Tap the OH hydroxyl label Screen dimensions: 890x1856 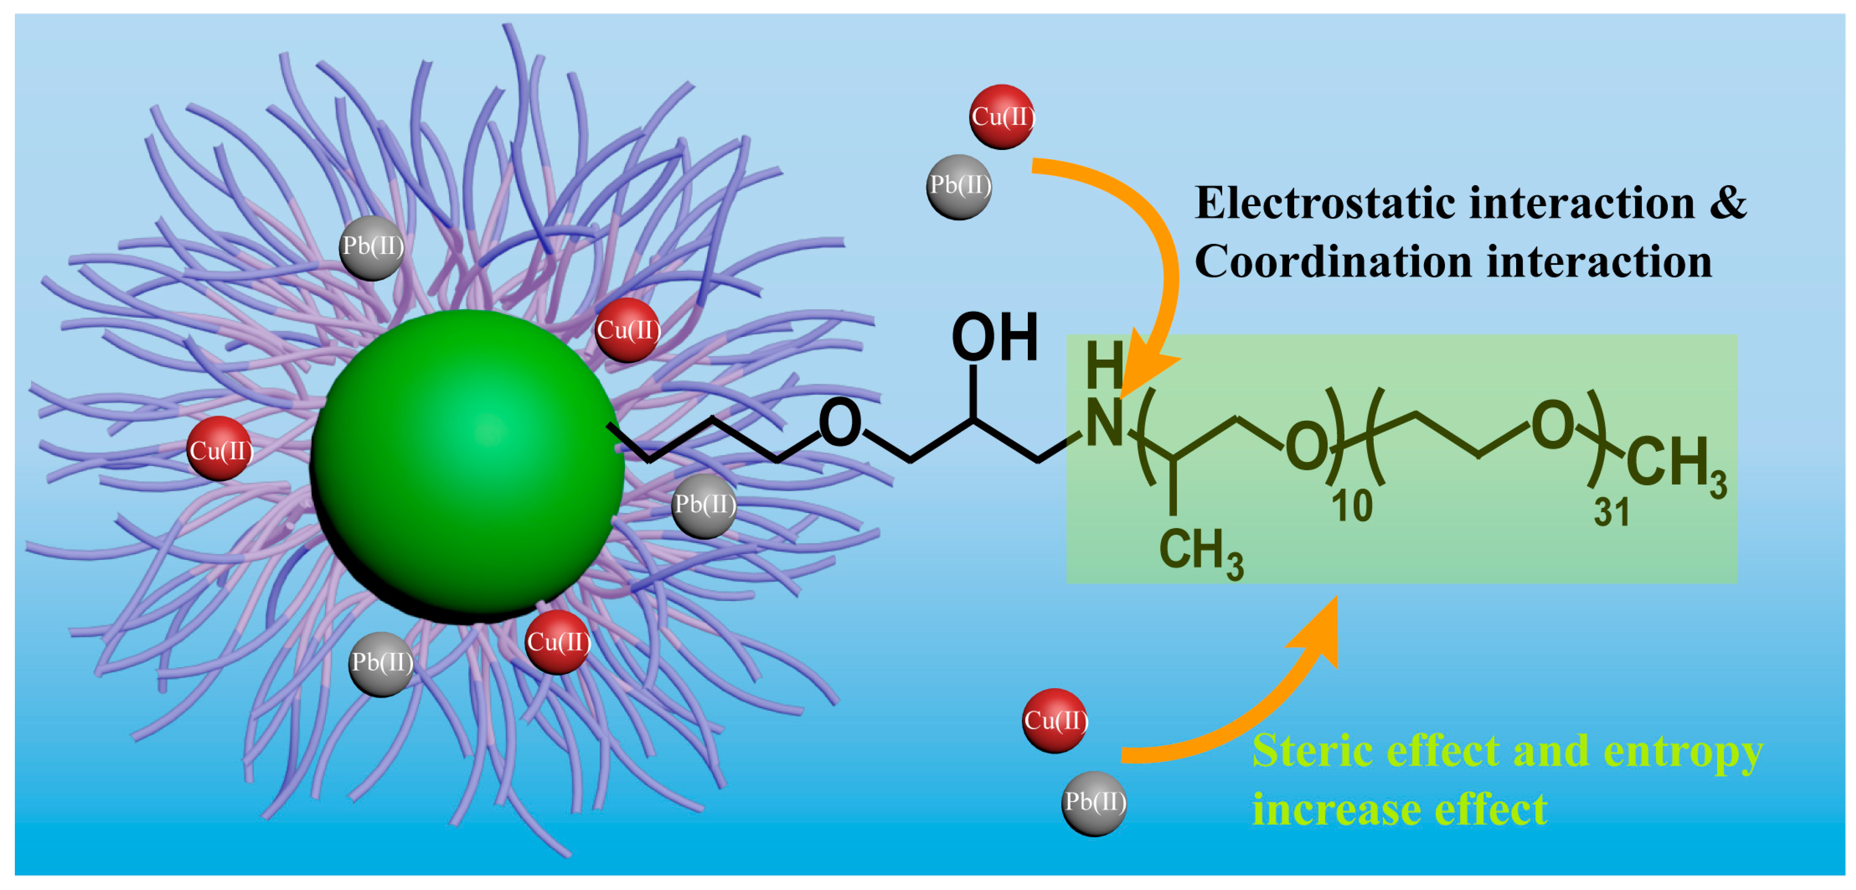pos(994,337)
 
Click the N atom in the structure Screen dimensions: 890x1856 pos(1103,424)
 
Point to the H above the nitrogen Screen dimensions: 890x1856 pos(1104,365)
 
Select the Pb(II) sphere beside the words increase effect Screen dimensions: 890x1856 pos(1094,803)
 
